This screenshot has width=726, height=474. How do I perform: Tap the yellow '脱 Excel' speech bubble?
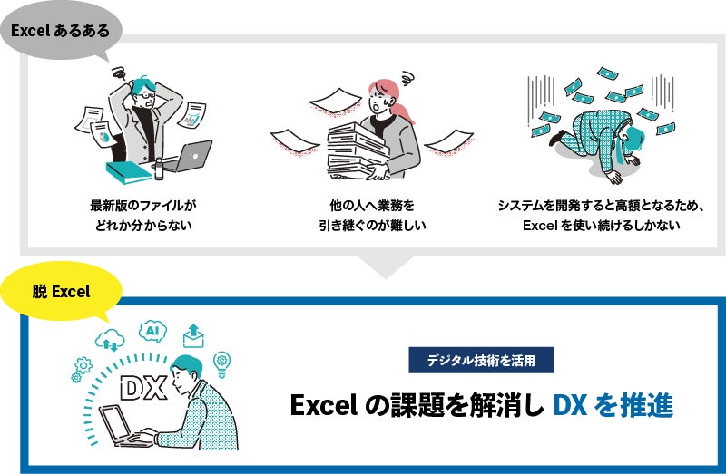(62, 292)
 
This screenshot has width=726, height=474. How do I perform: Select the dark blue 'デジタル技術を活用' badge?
(480, 360)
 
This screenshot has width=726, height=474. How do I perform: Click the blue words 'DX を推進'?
(613, 405)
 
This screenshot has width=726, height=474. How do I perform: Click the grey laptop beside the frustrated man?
(190, 157)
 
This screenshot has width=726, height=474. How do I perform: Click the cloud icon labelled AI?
(154, 333)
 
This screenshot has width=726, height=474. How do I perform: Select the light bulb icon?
(220, 363)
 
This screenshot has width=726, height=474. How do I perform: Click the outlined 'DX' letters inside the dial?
(142, 388)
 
